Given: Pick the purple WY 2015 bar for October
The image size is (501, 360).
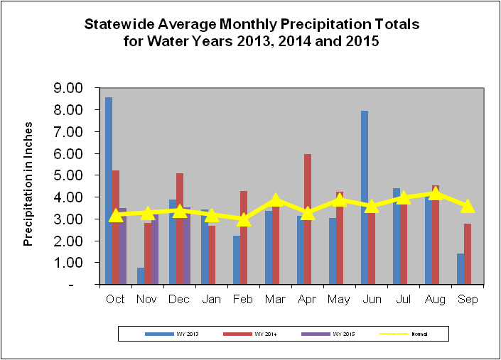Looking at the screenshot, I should coord(123,249).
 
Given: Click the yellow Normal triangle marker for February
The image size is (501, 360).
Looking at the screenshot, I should coord(244,219).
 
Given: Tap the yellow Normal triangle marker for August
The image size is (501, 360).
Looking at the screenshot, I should coord(436,194).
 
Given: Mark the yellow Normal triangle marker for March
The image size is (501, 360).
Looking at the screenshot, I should coord(276,201).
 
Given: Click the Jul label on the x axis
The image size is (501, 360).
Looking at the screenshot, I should coord(404,299).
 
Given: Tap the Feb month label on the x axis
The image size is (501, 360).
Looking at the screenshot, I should coord(244,299).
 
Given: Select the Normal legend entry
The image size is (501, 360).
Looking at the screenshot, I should coord(409,332).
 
